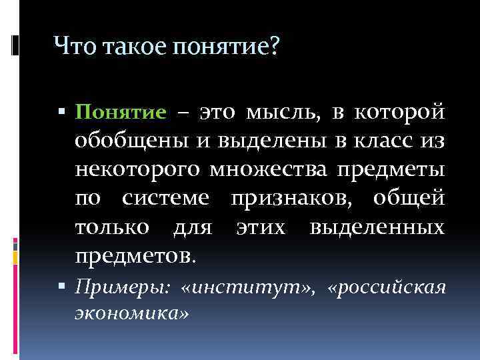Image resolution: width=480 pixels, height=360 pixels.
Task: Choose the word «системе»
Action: (x=167, y=199)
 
